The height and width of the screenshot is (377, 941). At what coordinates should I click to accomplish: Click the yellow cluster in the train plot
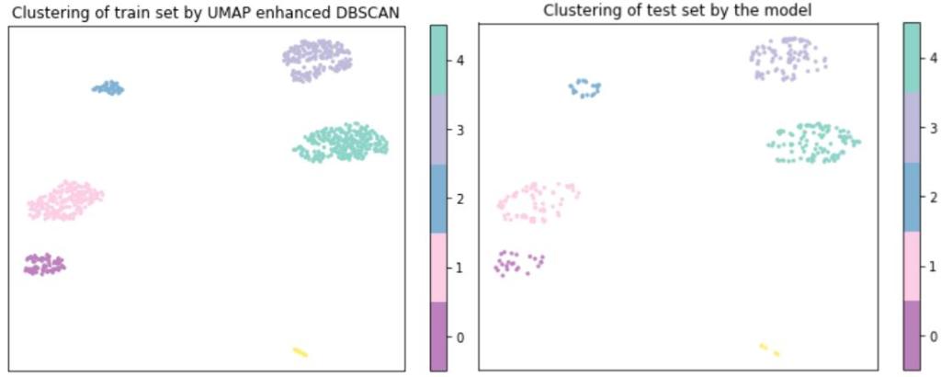[x=300, y=351]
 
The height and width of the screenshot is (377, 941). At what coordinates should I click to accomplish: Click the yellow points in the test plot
[x=769, y=349]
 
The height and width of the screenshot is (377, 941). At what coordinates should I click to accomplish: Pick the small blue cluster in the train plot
[x=108, y=88]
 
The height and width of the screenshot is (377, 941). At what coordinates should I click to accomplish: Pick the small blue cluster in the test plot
[x=584, y=88]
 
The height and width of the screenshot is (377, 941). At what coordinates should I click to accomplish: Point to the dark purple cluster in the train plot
[x=43, y=265]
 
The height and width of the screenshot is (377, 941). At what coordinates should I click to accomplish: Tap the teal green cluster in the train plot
[x=341, y=143]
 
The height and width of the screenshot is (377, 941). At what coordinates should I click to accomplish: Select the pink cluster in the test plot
[x=537, y=201]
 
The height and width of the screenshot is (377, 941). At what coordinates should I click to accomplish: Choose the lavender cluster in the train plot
[x=317, y=60]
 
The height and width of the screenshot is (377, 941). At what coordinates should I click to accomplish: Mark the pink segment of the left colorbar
[x=438, y=267]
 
